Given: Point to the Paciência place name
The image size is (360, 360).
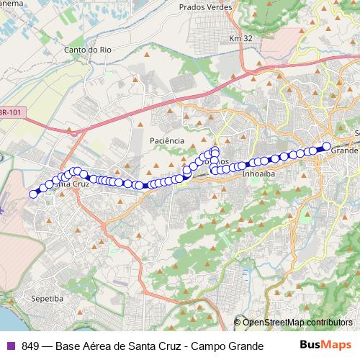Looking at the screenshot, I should [167, 140].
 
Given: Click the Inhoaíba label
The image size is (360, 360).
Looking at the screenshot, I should [258, 174].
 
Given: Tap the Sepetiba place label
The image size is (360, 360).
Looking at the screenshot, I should [46, 297].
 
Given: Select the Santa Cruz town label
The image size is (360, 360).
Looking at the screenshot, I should [72, 184].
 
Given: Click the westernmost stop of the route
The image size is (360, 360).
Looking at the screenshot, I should [33, 194].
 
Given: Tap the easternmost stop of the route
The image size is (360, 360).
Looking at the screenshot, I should [326, 146].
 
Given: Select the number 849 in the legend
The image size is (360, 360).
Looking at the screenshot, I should [32, 346].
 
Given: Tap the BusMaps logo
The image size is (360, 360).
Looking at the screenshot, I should [325, 345].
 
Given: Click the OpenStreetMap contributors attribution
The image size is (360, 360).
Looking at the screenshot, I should [297, 322].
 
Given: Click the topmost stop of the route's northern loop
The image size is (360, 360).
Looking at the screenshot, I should [215, 150].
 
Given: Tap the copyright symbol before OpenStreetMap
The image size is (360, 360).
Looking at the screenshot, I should [238, 322].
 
